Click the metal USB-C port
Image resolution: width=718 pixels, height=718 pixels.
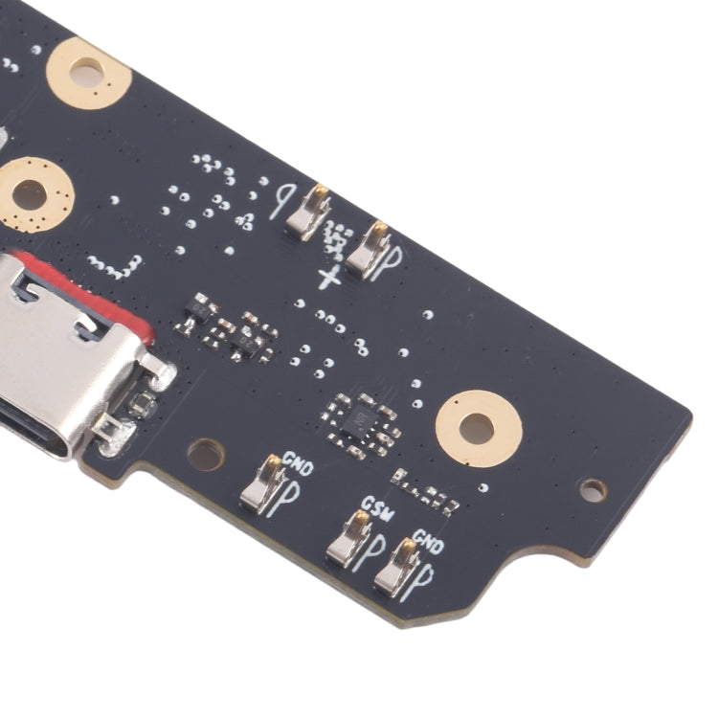57,364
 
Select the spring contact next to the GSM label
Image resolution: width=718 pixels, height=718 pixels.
349,539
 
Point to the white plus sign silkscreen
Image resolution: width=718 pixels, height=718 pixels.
329,279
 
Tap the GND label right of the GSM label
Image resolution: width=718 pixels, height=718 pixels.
427,547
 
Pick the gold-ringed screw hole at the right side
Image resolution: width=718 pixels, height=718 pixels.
479,428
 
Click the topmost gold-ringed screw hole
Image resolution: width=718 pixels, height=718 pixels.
88,71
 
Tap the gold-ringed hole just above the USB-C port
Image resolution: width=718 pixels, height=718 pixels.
32,193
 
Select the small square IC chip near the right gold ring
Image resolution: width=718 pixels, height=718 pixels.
361,420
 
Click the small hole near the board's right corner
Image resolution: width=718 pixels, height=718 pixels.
594,490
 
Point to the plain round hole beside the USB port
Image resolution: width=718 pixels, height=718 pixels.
205,454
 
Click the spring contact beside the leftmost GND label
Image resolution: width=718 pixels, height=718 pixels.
262,483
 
